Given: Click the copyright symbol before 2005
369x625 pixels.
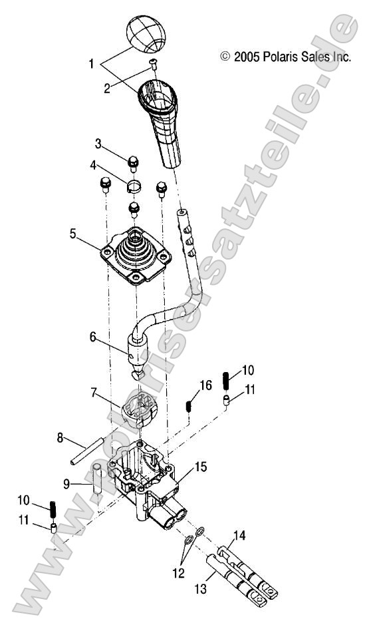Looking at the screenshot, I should click(x=223, y=58).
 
